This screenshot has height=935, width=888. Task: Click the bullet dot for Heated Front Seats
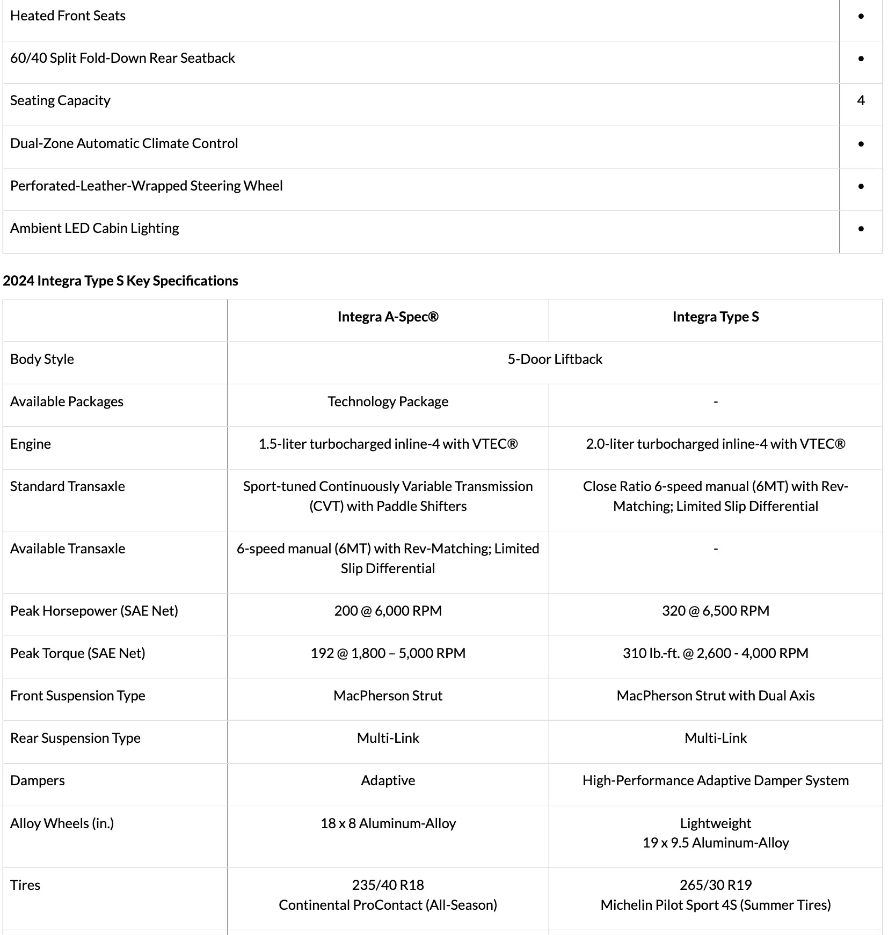(861, 16)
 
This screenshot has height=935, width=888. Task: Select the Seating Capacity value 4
(861, 100)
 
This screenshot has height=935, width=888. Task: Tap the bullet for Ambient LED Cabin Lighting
(861, 229)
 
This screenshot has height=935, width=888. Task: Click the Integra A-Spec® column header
(388, 317)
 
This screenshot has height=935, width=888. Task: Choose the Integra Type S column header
(715, 317)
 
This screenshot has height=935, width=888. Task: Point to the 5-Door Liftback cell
(555, 359)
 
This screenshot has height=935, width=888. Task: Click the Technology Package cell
(388, 401)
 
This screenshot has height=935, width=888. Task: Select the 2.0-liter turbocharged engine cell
(715, 444)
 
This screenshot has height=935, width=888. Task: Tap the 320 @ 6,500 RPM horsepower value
(715, 611)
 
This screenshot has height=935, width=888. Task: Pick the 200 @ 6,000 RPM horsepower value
(388, 611)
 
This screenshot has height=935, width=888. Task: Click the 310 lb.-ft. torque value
(715, 653)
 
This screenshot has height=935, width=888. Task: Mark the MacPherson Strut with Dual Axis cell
(715, 696)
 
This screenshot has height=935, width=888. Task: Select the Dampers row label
(38, 780)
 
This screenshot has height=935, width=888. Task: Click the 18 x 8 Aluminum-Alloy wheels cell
(388, 823)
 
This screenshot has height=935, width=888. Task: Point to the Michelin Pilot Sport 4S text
(715, 905)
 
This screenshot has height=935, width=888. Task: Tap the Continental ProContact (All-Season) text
(388, 905)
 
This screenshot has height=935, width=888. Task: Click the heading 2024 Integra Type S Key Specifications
(120, 281)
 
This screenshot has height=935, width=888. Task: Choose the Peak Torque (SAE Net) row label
(78, 653)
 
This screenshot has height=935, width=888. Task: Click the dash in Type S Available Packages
(715, 401)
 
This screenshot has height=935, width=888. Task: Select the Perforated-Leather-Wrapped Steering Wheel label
(146, 186)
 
